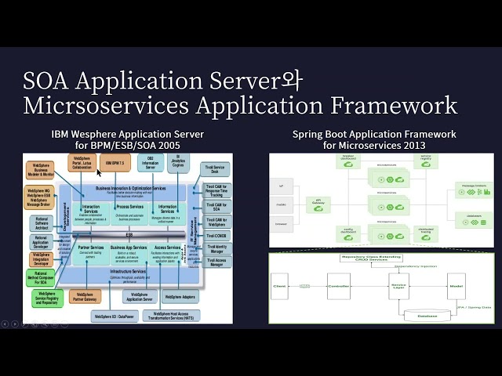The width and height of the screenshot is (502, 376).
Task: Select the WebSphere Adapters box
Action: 181,298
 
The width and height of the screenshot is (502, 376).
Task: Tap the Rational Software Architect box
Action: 44,223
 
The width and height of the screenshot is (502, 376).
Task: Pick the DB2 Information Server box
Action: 150,163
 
